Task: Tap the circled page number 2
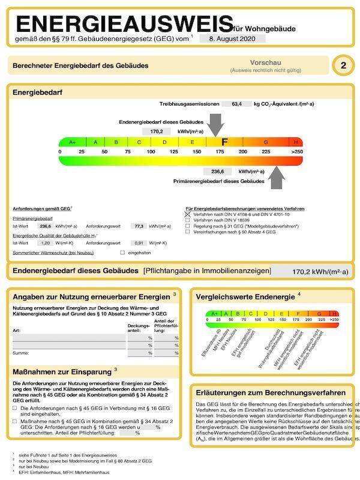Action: pos(343,65)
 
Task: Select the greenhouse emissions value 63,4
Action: pos(237,104)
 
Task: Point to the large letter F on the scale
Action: pos(224,142)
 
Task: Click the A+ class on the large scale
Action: pos(73,142)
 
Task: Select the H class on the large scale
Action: pos(296,142)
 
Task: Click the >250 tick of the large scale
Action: pos(296,152)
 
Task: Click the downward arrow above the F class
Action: pos(217,126)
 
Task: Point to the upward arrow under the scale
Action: pos(277,178)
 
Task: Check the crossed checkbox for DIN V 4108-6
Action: pos(188,214)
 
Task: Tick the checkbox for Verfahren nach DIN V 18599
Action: pos(188,221)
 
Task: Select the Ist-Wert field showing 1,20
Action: pos(44,243)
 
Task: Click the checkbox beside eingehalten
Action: pos(122,253)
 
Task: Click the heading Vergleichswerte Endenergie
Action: pos(246,296)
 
